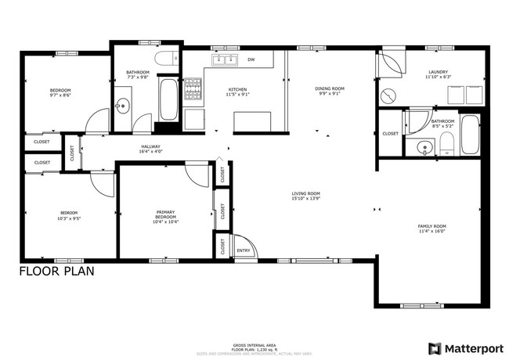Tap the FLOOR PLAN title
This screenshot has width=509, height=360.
56,272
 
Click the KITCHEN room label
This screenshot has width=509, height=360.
237,90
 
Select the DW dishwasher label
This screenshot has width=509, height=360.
251,59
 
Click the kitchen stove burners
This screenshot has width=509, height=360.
193,91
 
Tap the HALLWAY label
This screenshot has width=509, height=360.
150,146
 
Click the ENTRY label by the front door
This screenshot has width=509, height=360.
244,250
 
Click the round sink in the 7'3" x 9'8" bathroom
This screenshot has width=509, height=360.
123,106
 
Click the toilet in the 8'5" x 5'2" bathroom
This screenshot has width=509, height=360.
446,143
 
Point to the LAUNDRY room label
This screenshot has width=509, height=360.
438,72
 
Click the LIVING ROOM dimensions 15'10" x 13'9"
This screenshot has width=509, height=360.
306,199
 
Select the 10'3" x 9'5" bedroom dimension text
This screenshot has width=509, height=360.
70,218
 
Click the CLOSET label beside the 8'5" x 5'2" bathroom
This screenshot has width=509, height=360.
390,134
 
